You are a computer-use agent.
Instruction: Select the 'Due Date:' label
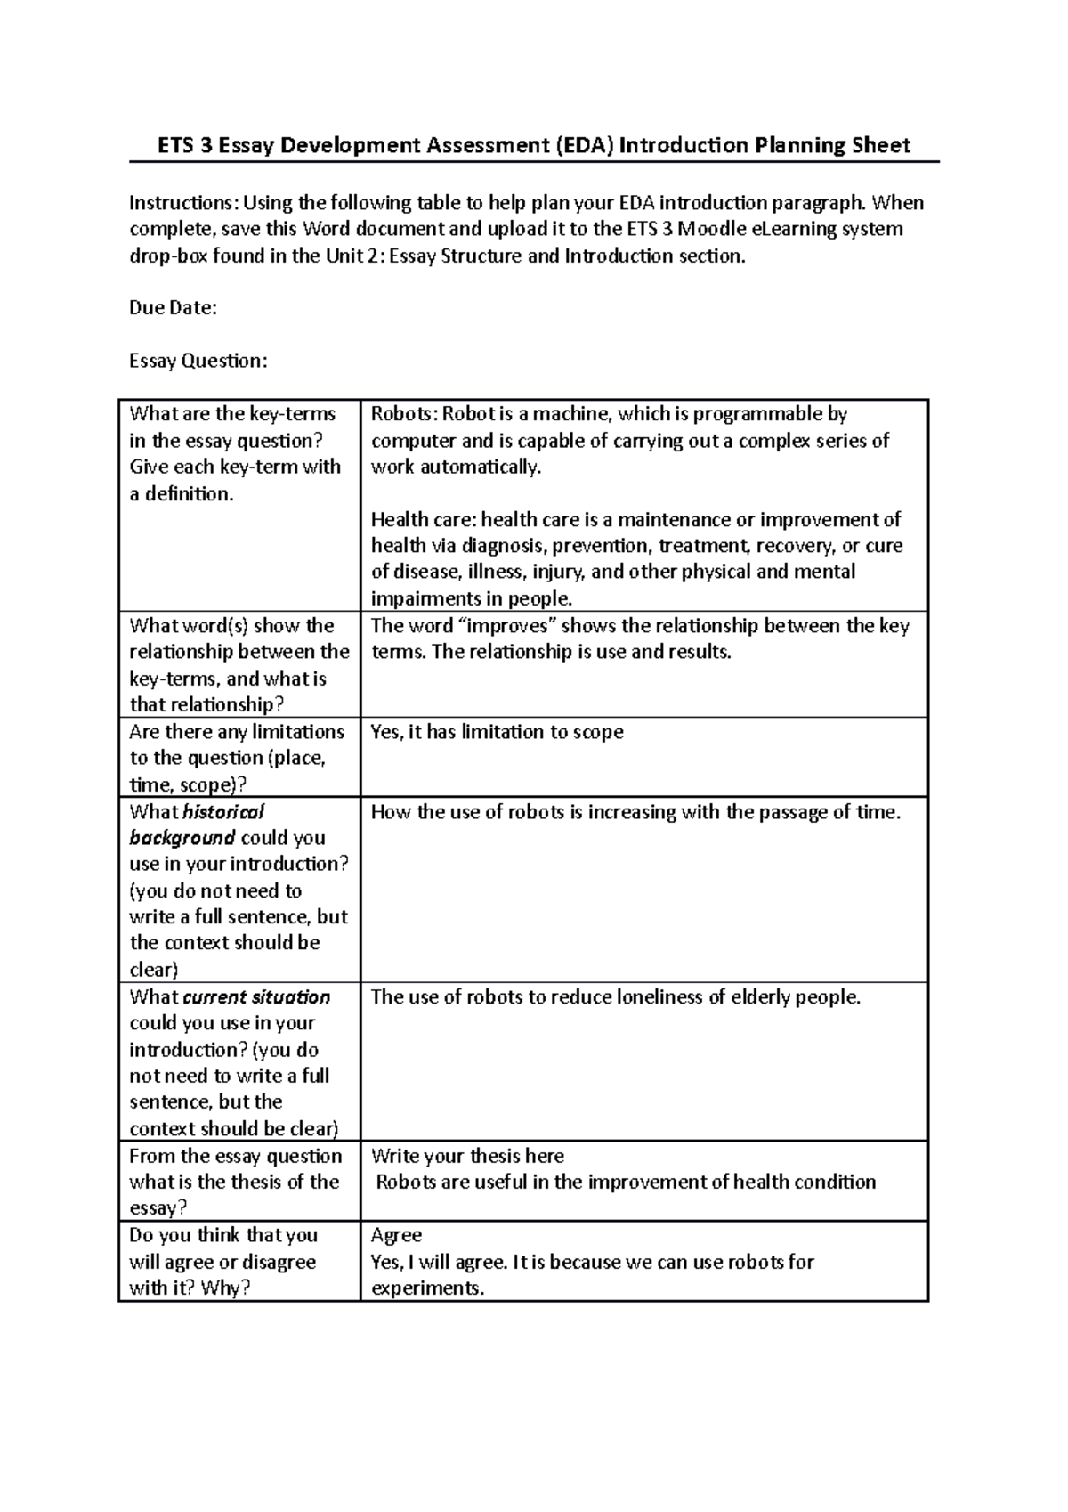(x=173, y=308)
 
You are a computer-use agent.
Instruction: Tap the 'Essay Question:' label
(x=198, y=361)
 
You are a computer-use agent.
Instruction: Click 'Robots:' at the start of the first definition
(x=404, y=414)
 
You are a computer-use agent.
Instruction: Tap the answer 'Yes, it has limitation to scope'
(x=497, y=732)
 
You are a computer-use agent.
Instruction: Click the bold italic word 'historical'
(x=223, y=812)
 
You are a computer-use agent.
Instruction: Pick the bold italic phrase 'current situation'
(x=256, y=997)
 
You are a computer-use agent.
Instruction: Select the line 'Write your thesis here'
(x=467, y=1156)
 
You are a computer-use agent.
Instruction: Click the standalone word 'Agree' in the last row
(x=396, y=1235)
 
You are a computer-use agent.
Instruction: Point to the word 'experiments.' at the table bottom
(x=428, y=1288)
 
